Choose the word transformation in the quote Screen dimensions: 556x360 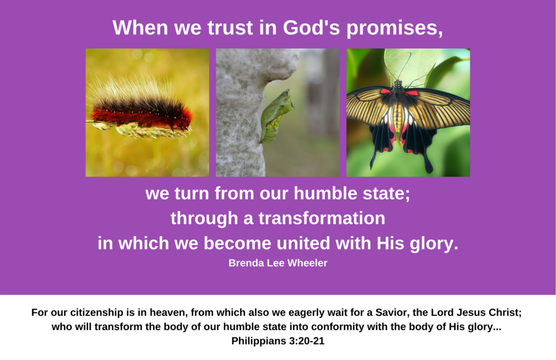321,218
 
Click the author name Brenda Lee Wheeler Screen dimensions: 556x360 278,263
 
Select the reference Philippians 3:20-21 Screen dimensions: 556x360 278,341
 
